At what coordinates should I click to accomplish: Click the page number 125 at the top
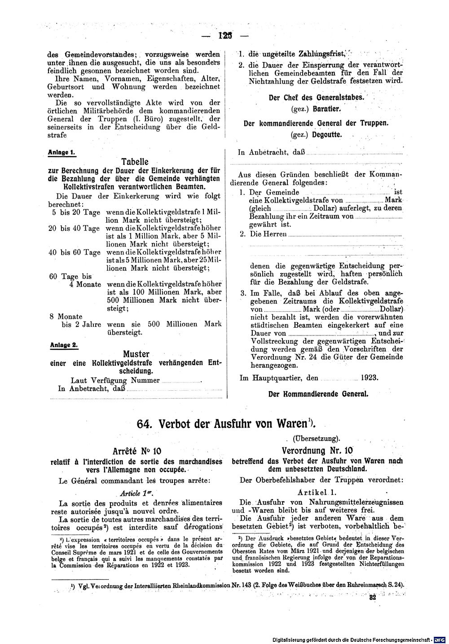(225, 35)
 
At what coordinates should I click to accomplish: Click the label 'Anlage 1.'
(62, 152)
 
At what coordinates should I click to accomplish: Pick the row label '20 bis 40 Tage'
(74, 228)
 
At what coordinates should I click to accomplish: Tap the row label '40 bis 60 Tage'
(74, 252)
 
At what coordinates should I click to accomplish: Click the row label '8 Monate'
(66, 316)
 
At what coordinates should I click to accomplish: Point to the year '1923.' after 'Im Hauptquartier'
(370, 378)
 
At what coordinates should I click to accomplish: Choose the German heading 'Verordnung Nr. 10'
(317, 450)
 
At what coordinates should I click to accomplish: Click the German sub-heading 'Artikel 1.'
(317, 492)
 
